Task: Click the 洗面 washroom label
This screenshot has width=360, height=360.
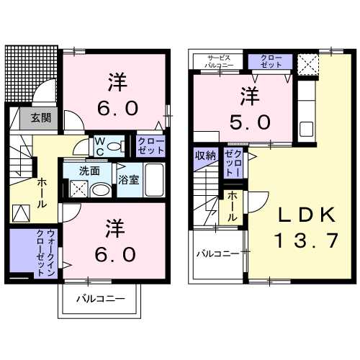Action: point(90,172)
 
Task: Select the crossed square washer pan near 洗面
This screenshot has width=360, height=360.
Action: point(78,189)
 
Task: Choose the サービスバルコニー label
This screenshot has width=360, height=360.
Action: point(218,60)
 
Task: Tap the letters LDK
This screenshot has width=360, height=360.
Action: point(305,214)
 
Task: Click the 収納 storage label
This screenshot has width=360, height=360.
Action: point(204,155)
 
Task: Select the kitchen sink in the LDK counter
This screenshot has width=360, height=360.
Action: point(306,130)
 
